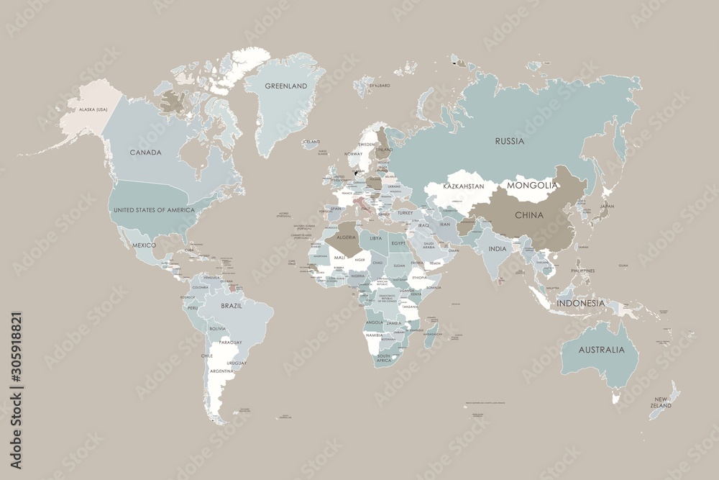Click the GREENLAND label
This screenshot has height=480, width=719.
coord(285,86)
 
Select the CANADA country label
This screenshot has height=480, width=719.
coord(145,153)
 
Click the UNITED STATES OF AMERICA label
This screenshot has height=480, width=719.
coord(155,209)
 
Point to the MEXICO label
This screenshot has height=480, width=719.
coord(144,245)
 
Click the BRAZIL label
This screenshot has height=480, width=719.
coord(231,306)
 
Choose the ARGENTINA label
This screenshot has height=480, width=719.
coord(221,371)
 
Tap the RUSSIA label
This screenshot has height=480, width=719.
coord(509,141)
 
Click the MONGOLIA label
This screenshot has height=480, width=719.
coord(532,185)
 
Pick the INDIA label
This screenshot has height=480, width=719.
coord(497,248)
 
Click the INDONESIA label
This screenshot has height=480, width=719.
coord(580,303)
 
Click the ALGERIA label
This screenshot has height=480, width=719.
coord(342,237)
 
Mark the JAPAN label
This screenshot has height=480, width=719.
coord(608,207)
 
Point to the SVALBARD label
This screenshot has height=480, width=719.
coord(379,86)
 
